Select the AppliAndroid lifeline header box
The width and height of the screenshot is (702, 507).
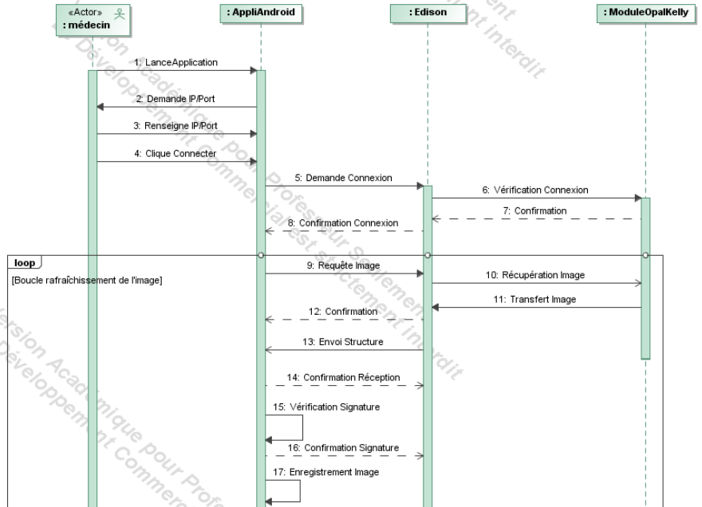(261, 14)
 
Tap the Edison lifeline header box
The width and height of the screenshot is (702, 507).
(427, 14)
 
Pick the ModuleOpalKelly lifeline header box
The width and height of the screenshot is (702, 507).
(645, 14)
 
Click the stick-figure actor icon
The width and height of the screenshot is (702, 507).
(122, 12)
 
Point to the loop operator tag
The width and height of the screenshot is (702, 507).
(22, 261)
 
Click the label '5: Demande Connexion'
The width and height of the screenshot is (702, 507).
(343, 178)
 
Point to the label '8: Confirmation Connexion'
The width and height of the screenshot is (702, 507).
(343, 222)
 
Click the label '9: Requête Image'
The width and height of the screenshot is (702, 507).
(345, 266)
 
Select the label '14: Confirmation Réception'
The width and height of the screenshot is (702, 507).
(347, 377)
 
